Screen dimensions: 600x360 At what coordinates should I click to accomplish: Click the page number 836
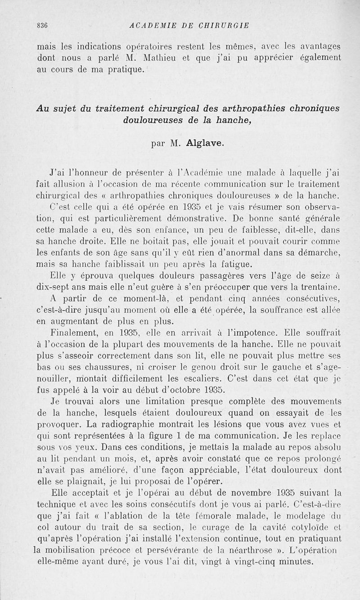pyautogui.click(x=42, y=25)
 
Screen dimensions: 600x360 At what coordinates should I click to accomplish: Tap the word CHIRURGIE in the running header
pyautogui.click(x=221, y=25)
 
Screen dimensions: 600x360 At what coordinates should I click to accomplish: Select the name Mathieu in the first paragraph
pyautogui.click(x=162, y=58)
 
